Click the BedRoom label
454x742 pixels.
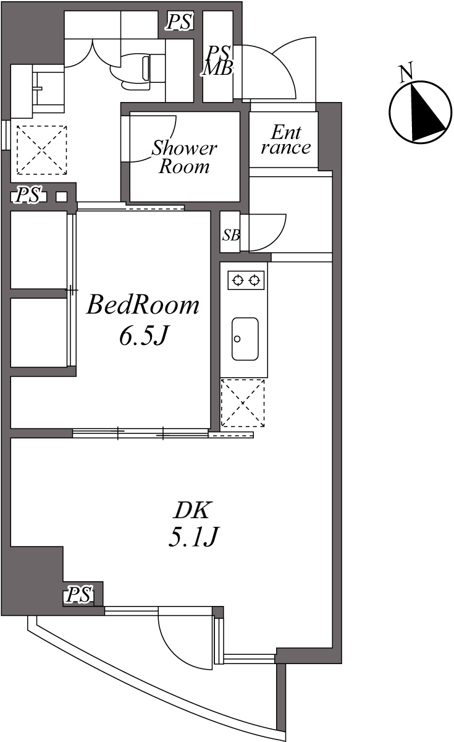pyautogui.click(x=143, y=305)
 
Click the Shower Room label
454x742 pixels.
pyautogui.click(x=184, y=157)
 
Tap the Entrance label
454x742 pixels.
pyautogui.click(x=286, y=140)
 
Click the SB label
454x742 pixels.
pyautogui.click(x=231, y=235)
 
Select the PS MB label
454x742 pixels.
pyautogui.click(x=218, y=61)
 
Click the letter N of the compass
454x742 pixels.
pyautogui.click(x=406, y=72)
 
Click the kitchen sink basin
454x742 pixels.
pyautogui.click(x=245, y=339)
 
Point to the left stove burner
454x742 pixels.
pyautogui.click(x=238, y=281)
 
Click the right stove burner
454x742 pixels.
pyautogui.click(x=254, y=281)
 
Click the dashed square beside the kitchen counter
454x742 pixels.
pyautogui.click(x=243, y=403)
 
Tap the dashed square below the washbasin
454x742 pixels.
pyautogui.click(x=42, y=150)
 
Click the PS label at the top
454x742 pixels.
pyautogui.click(x=179, y=21)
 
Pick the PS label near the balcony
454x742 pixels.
pyautogui.click(x=80, y=594)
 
